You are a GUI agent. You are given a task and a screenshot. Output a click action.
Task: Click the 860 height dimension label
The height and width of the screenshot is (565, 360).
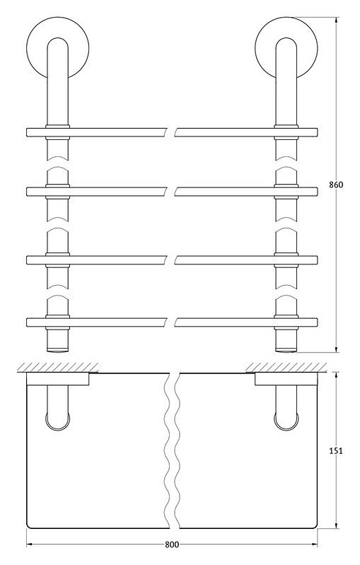336,185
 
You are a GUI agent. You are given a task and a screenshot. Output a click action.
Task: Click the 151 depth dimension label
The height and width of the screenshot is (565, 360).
336,450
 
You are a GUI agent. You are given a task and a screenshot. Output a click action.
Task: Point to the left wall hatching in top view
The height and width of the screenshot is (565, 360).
58,368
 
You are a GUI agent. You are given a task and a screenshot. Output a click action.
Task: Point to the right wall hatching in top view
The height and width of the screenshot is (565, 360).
286,368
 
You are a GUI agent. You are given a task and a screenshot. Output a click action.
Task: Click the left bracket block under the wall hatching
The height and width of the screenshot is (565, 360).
58,379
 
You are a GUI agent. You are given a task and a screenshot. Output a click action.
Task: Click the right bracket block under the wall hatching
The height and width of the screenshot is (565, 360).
286,379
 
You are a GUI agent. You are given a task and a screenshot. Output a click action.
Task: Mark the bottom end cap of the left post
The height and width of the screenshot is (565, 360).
58,349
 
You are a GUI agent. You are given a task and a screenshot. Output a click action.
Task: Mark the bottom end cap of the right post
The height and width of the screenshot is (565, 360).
286,349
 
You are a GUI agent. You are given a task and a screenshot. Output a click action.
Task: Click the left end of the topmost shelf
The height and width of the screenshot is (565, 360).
28,133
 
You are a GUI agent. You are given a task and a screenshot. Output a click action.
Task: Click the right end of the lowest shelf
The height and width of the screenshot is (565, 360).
317,322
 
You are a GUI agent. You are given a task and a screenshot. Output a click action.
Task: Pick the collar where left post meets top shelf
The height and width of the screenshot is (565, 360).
58,132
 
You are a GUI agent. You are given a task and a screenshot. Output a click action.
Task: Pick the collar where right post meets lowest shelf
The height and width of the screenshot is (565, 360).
286,322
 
